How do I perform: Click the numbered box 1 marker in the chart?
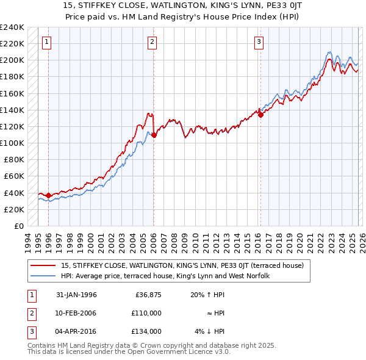tap(48, 42)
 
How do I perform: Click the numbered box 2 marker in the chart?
tap(152, 42)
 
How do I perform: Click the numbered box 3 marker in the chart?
tap(259, 42)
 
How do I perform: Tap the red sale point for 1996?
tap(49, 196)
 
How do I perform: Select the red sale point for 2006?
tap(154, 135)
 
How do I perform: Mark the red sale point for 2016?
tap(260, 115)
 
